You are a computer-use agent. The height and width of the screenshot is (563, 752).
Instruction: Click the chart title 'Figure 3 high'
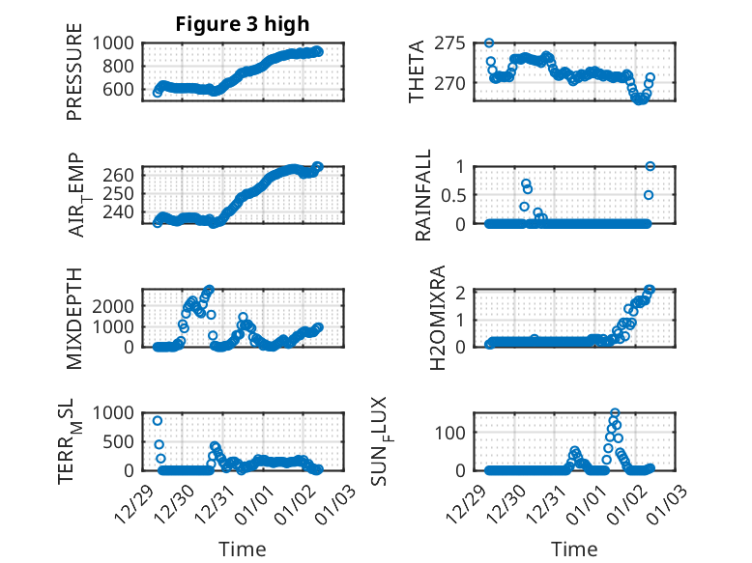coord(242,24)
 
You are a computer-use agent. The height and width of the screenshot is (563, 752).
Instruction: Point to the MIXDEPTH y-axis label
coord(74,318)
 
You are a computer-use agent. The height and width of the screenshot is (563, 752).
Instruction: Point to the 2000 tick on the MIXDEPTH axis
coord(115,305)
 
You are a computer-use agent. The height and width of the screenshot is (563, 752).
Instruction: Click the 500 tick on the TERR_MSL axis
coord(120,441)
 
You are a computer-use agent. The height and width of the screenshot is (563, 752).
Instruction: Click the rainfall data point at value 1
coord(651,166)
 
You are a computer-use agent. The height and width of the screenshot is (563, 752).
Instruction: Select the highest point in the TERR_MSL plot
coord(158,421)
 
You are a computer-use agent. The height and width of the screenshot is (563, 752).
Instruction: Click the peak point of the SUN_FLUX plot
coord(615,412)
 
